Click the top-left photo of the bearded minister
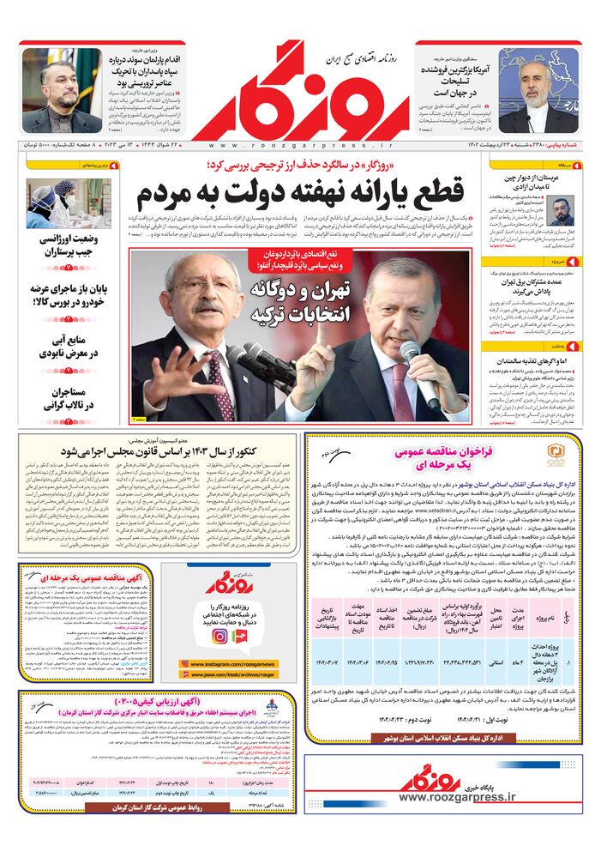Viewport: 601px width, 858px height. [48, 90]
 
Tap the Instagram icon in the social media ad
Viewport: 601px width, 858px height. [220, 636]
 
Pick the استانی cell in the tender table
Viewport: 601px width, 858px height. [496, 664]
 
